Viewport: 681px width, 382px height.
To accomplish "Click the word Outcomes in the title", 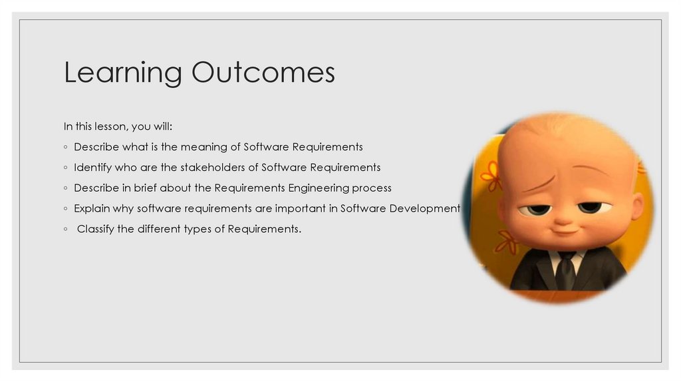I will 263,72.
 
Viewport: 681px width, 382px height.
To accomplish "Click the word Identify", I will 92,167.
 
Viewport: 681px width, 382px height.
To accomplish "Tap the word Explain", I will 92,208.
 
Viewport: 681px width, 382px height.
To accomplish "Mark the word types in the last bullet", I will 210,230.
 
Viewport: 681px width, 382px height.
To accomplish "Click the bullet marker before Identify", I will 66,168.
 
